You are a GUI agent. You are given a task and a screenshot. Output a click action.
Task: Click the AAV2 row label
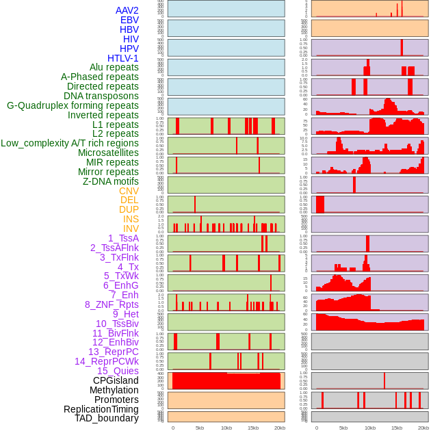tap(127, 10)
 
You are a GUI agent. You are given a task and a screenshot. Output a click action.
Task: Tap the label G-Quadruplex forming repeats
tap(73, 105)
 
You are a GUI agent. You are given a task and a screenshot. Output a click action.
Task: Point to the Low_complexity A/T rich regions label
tap(70, 143)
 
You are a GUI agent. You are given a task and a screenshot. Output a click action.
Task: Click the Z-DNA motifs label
tap(110, 181)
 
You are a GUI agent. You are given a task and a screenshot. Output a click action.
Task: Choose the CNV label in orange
tap(129, 191)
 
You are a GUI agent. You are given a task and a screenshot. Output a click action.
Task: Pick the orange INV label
tap(131, 228)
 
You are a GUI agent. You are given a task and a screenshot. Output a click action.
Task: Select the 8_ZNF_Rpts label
tap(112, 304)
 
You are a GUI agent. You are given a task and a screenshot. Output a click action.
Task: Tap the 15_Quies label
tap(118, 371)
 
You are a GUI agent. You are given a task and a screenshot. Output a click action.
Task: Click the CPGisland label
tap(116, 380)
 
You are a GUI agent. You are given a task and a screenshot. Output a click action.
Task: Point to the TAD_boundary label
tap(106, 418)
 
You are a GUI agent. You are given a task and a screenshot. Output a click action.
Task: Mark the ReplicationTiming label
tap(101, 409)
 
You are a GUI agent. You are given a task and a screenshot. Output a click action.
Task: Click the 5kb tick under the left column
tap(200, 428)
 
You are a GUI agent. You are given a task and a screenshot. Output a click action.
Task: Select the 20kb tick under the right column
tap(423, 428)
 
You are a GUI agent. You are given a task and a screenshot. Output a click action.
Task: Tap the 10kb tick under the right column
tap(370, 428)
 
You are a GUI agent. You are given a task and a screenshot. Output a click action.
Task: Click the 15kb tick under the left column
tap(253, 428)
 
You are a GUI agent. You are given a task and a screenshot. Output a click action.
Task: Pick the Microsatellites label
tap(108, 153)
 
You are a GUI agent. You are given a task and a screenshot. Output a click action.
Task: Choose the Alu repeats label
tap(114, 67)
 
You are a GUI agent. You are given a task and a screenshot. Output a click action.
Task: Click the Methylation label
tap(109, 390)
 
